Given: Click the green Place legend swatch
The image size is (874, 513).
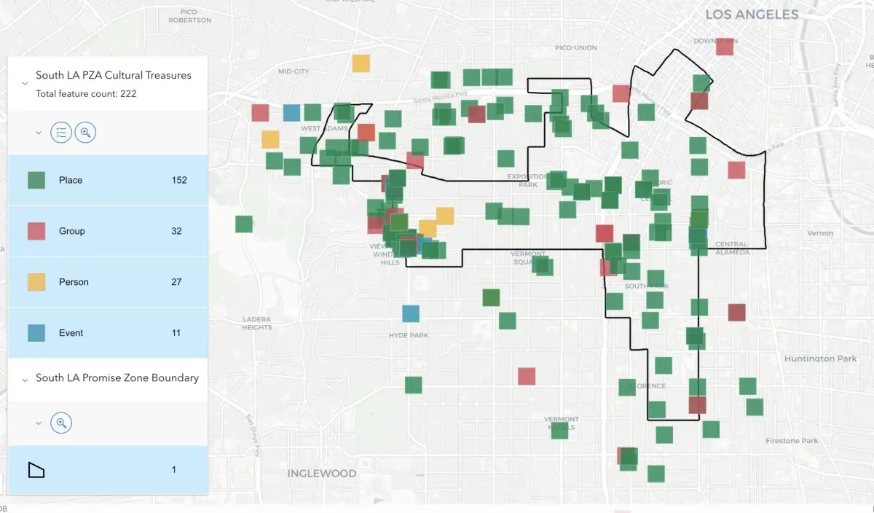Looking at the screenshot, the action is tap(36, 180).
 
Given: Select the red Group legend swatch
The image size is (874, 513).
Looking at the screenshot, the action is tap(36, 231).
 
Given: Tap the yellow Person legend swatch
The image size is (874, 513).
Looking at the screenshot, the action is tap(36, 282).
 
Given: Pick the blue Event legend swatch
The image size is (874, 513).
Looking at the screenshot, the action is tap(36, 333).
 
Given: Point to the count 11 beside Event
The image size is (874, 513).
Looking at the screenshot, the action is tap(176, 333).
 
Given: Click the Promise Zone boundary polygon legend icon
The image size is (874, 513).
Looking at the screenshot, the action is tap(36, 470).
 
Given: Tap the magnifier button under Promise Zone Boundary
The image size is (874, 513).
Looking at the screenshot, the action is tap(62, 423).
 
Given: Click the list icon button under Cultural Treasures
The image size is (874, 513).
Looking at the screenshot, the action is tap(62, 133).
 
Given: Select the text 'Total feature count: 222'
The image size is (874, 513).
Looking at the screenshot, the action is tap(86, 94).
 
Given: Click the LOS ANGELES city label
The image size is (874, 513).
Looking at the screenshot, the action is tap(752, 15).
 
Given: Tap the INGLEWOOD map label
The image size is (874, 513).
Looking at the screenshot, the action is tap(322, 474).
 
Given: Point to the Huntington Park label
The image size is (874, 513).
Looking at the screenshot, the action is tap(820, 359).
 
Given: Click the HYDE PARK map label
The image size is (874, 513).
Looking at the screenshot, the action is tap(409, 335).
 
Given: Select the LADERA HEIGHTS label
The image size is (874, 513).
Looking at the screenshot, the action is tap(256, 324).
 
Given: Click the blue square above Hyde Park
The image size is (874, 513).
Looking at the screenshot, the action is tap(411, 313).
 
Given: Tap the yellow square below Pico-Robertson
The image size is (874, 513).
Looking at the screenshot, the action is tap(361, 63).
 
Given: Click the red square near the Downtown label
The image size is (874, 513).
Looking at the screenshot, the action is tap(725, 47).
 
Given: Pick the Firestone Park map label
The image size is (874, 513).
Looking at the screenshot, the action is tap(792, 441).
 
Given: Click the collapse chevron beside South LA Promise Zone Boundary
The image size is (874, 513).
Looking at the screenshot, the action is tap(25, 379).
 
